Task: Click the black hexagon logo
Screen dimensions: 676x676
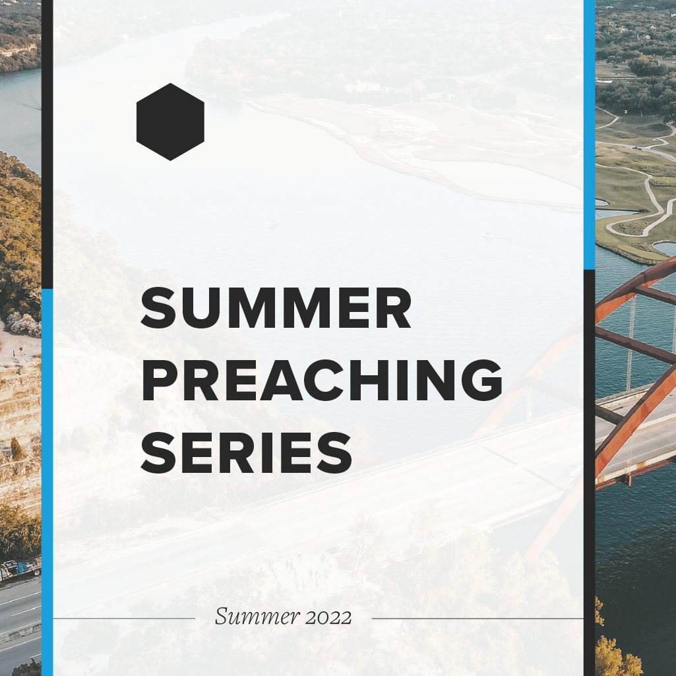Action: coord(170,121)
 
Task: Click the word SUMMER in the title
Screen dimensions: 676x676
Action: coord(276,308)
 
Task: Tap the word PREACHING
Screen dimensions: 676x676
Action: coord(322,381)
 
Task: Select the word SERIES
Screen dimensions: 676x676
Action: coord(247,452)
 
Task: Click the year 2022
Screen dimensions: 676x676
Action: coord(328,617)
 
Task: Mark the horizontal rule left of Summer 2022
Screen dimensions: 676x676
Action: coord(124,618)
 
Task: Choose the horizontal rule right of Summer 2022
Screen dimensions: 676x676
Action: coord(477,618)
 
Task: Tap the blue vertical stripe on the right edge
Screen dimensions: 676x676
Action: coord(589,135)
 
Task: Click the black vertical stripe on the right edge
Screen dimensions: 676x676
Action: coord(589,472)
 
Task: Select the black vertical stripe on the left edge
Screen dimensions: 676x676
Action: coord(47,144)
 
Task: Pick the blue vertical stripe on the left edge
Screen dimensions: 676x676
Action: coord(47,482)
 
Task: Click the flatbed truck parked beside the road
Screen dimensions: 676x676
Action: coord(20,570)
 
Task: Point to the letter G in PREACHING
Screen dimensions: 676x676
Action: coord(481,381)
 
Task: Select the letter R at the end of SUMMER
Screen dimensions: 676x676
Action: coord(394,308)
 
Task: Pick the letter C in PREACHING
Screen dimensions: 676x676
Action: coord(326,381)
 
